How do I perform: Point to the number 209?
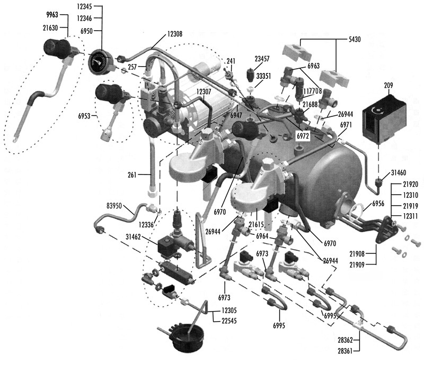click(389, 85)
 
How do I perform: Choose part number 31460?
click(399, 172)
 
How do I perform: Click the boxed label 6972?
click(303, 136)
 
